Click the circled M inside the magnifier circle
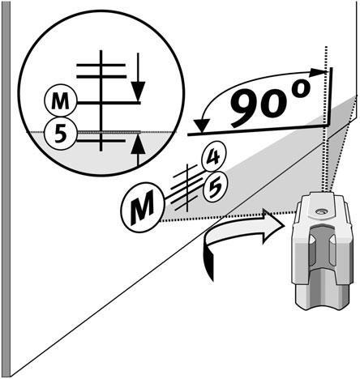[61, 102]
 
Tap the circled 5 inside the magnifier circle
[61, 134]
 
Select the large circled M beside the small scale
[143, 207]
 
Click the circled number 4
[214, 157]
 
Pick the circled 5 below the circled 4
[216, 187]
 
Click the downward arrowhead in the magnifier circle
[139, 92]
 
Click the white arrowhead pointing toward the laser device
[274, 227]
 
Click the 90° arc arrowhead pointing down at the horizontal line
[202, 126]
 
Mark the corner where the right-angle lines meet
[330, 126]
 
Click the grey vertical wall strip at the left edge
[6, 188]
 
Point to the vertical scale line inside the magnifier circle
[101, 100]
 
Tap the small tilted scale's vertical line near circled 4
[187, 187]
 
